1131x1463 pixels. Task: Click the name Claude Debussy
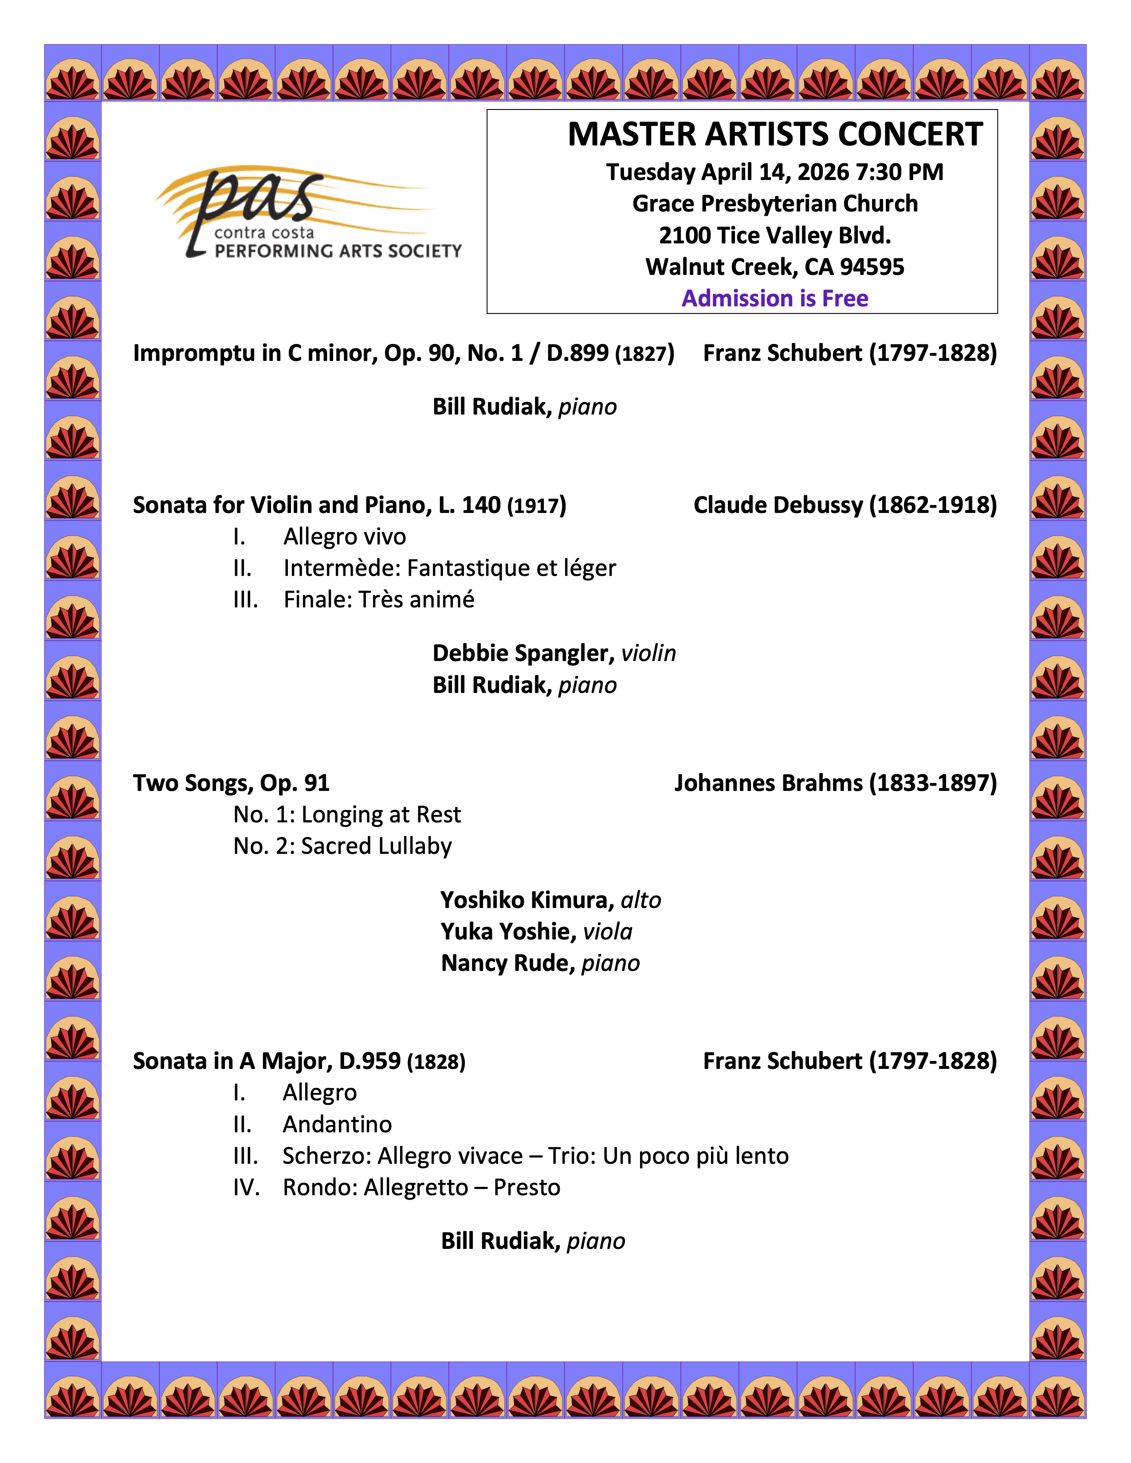coord(777,505)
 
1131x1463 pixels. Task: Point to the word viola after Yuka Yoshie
coord(607,932)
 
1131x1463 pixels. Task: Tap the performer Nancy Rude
coord(507,963)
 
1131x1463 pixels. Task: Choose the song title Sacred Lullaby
coord(376,846)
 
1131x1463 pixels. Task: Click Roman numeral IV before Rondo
coord(245,1188)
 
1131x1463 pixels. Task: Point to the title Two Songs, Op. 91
coord(231,783)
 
